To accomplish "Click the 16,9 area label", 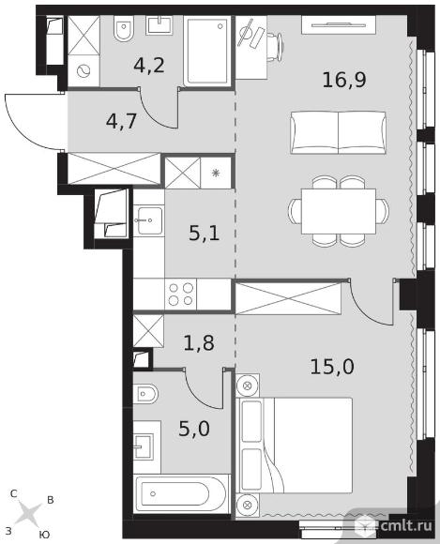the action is click(344, 80).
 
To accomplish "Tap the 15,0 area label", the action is click(332, 367).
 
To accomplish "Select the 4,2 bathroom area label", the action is click(149, 65).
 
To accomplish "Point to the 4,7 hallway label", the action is click(122, 121).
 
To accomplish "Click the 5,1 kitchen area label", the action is click(205, 234).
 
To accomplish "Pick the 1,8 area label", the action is click(199, 342).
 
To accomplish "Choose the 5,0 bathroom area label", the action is click(194, 429).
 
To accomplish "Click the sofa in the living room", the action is click(338, 132).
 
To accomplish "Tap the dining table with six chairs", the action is click(339, 211).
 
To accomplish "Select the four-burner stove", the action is click(180, 295).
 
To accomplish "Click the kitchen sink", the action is click(149, 220).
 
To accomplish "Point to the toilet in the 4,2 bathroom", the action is click(123, 29).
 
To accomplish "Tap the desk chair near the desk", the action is click(277, 47).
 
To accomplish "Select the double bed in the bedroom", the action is click(295, 446).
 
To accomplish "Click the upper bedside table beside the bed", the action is click(248, 385).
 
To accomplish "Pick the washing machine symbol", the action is click(83, 72).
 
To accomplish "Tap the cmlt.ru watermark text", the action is click(406, 525).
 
